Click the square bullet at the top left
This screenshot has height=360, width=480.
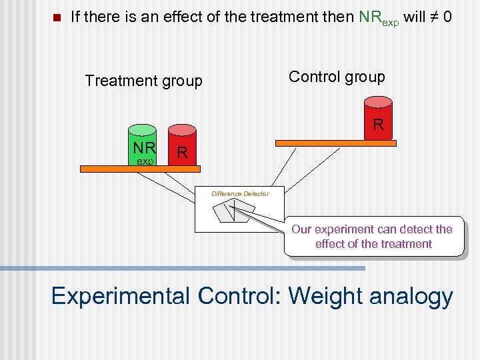coord(56,17)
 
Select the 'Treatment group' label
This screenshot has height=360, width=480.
coord(143,81)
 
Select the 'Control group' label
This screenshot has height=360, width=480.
coord(337,77)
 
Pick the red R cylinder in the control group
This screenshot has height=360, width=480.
coord(378,118)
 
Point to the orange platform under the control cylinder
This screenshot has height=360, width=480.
coord(336,143)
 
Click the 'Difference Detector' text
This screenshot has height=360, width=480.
coord(240,193)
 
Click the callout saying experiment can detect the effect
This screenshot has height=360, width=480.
coord(373,237)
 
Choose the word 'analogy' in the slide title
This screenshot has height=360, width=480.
coord(417,297)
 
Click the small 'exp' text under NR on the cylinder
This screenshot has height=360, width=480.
coord(145,161)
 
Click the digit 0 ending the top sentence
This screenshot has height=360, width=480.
coord(447,17)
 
